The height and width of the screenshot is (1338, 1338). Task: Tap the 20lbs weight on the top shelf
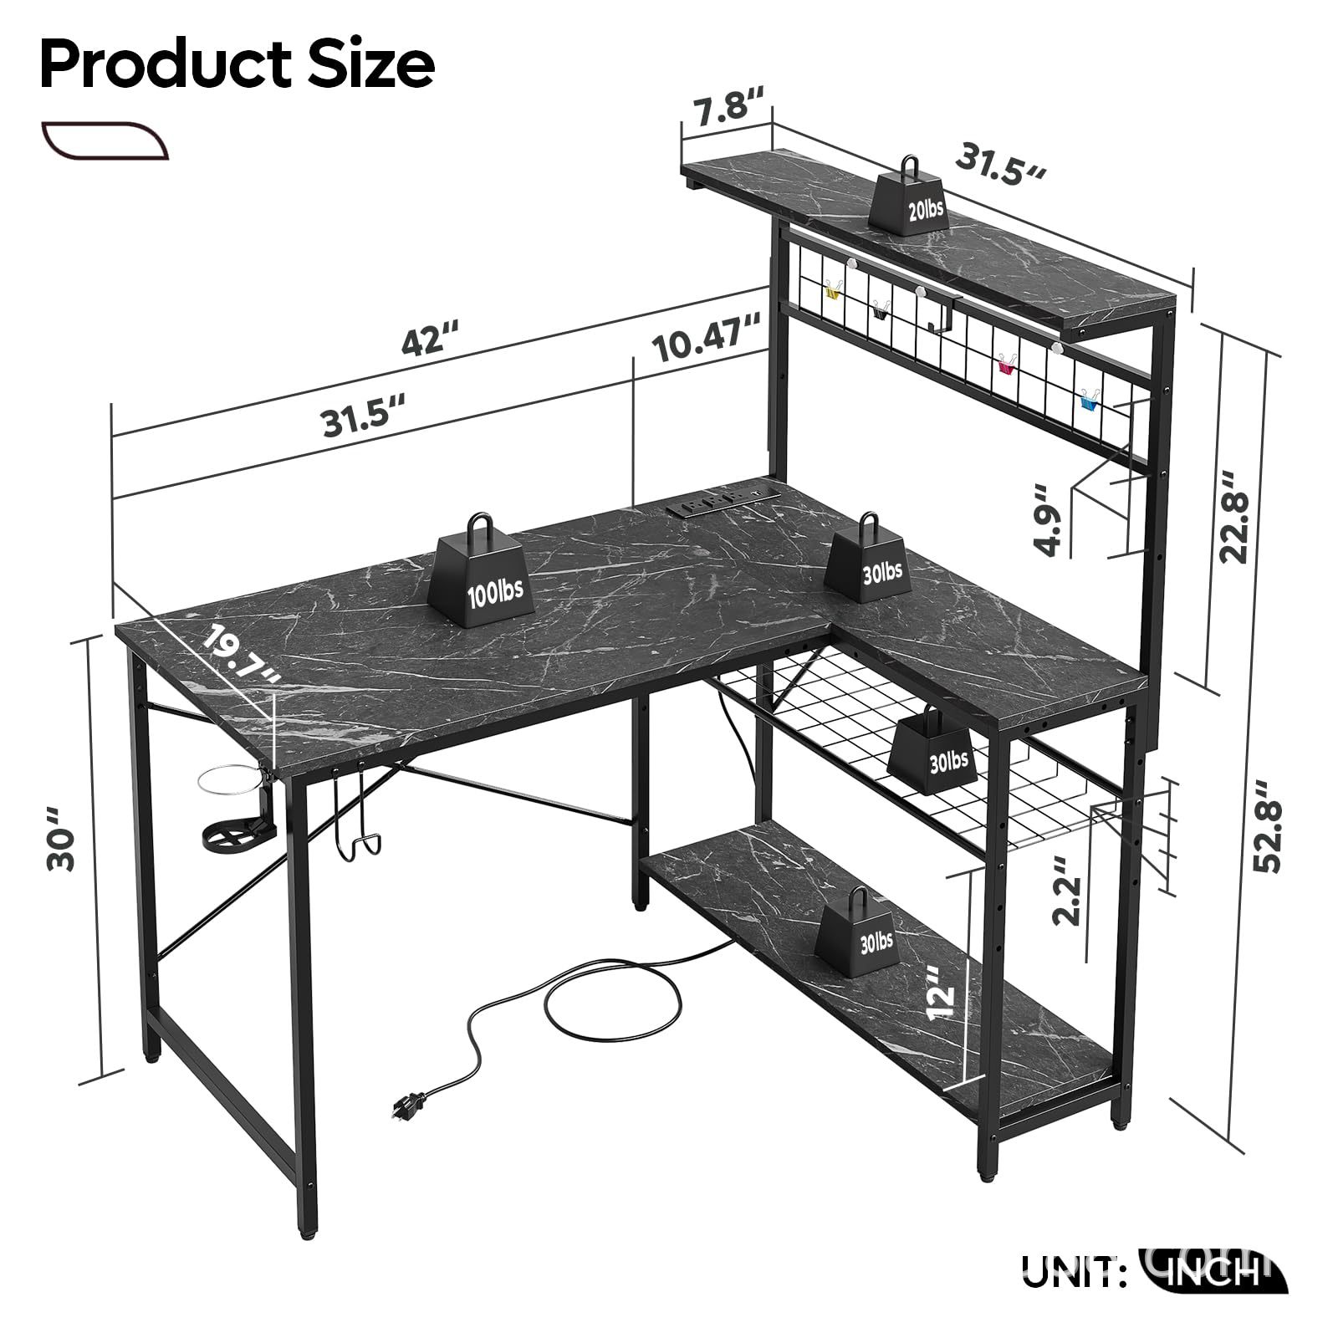911,194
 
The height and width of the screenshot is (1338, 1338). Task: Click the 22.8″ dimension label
1234,516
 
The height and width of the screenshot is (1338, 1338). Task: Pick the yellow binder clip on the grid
832,292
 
